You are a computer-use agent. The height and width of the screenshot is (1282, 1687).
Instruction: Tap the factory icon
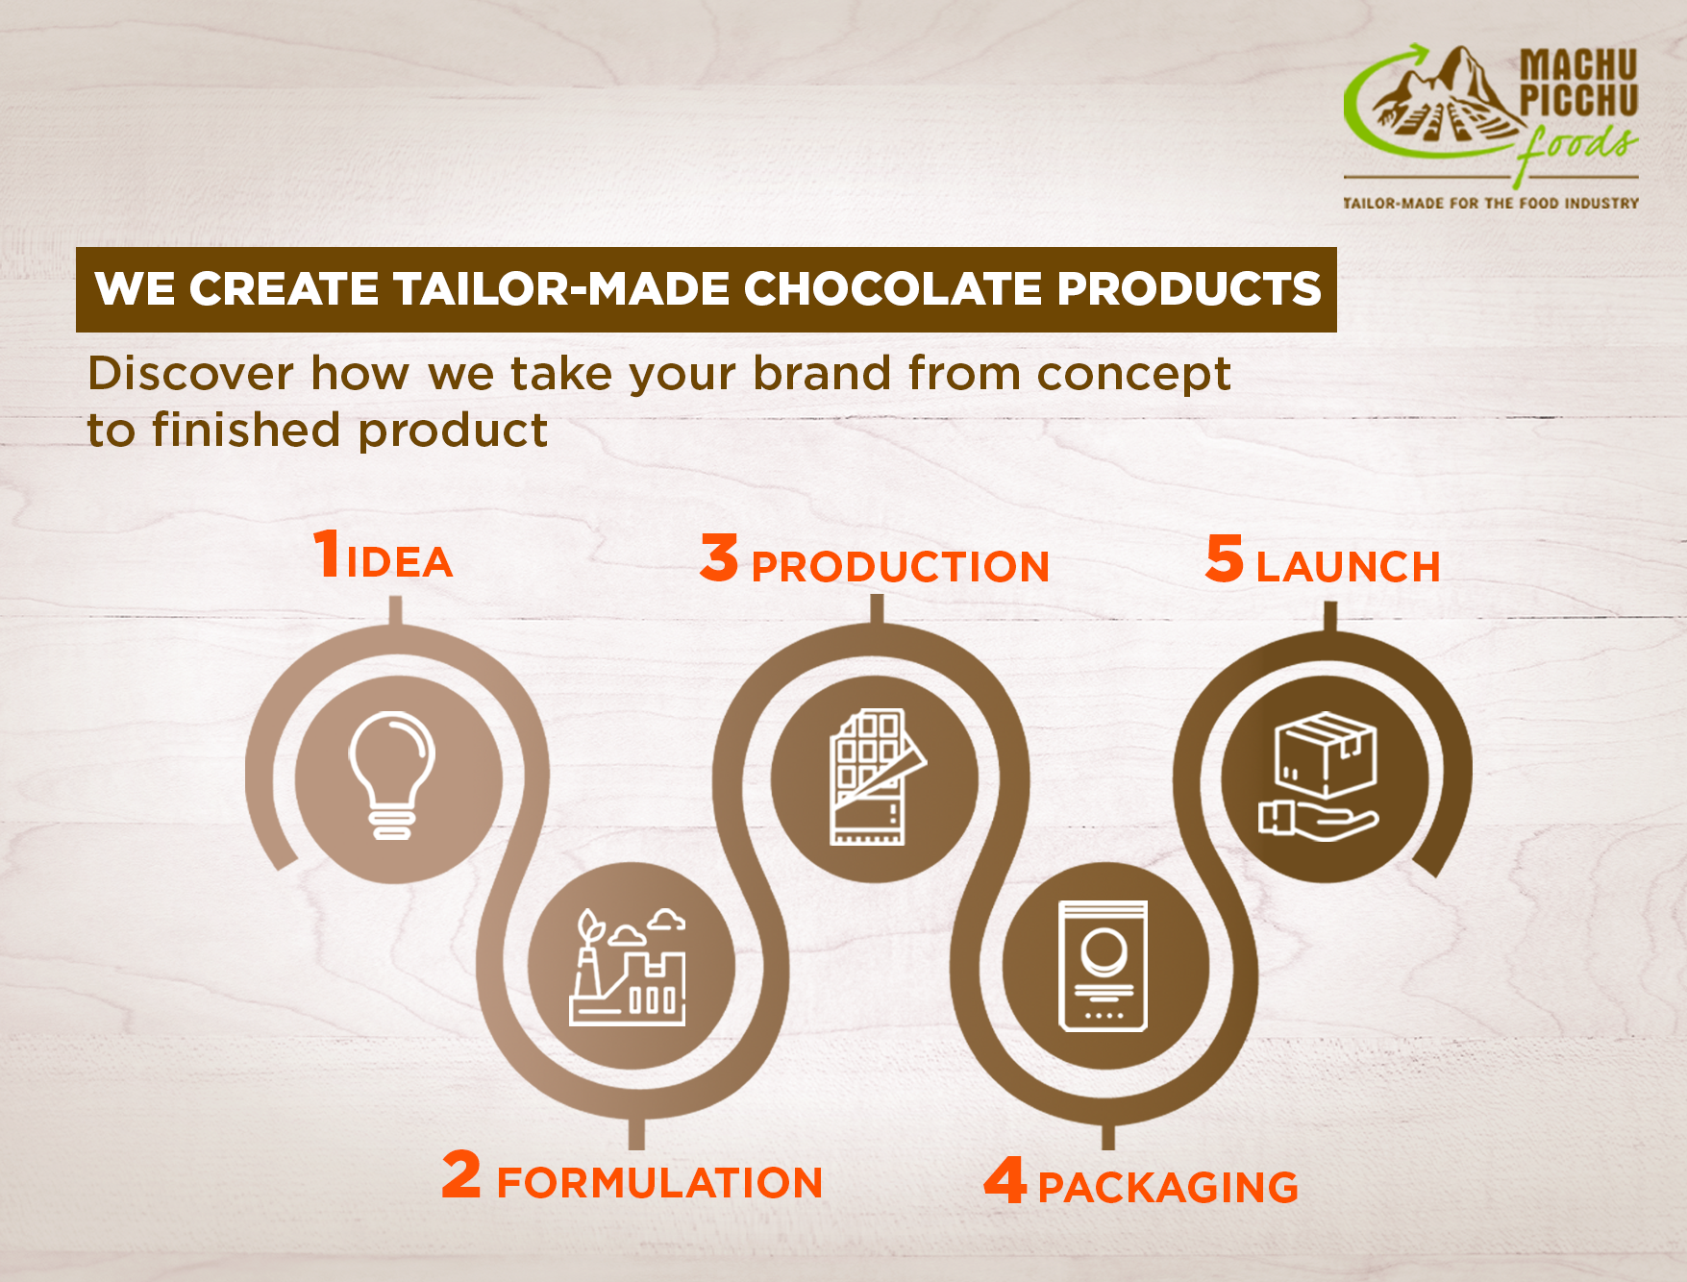tap(629, 966)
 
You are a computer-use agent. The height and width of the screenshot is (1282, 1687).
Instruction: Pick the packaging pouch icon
tap(1104, 966)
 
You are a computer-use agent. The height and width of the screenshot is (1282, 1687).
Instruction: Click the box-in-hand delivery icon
tap(1319, 777)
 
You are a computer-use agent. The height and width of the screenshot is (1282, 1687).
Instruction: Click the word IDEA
tap(400, 562)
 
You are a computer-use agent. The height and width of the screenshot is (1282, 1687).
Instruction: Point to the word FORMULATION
tap(659, 1183)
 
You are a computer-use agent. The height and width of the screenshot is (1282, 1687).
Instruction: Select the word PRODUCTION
tap(900, 567)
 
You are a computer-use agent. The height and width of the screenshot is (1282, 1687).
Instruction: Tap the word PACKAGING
tap(1168, 1188)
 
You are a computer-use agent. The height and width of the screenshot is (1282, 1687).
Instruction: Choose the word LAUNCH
tap(1348, 567)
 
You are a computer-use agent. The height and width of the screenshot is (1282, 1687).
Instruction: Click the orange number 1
tap(327, 554)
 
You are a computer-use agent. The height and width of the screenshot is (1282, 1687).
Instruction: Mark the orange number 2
tap(461, 1174)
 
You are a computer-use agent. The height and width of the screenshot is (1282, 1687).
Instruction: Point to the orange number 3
tap(719, 558)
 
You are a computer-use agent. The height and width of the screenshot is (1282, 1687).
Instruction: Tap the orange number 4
tap(1005, 1180)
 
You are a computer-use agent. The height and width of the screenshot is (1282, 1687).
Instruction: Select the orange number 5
tap(1225, 558)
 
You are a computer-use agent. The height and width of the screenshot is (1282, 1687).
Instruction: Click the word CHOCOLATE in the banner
tap(892, 289)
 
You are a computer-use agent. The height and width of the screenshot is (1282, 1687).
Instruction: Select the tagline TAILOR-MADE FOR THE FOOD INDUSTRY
tap(1491, 204)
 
